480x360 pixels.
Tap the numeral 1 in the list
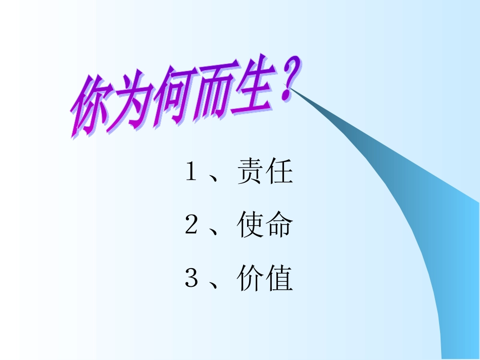(x=190, y=173)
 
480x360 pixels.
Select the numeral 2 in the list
(x=190, y=226)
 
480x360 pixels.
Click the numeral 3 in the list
(x=190, y=278)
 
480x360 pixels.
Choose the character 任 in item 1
(x=279, y=173)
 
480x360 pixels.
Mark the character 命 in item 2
(x=279, y=226)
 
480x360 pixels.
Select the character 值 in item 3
(x=279, y=278)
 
